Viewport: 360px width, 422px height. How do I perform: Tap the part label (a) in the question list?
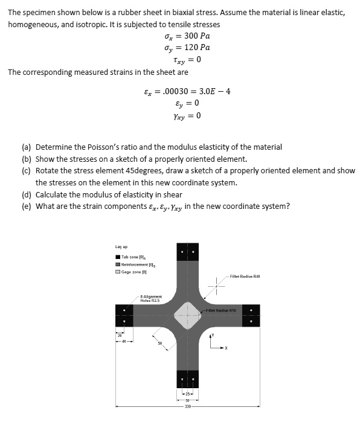point(27,147)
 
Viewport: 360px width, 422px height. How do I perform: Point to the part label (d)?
point(27,194)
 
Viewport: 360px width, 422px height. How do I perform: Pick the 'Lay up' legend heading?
point(121,246)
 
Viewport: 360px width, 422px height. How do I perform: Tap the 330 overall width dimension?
point(187,406)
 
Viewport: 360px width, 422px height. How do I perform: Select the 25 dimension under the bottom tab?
point(187,394)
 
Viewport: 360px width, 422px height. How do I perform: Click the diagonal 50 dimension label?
point(160,344)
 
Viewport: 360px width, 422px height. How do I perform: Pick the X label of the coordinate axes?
point(227,348)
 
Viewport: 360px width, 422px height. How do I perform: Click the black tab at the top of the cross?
point(187,252)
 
